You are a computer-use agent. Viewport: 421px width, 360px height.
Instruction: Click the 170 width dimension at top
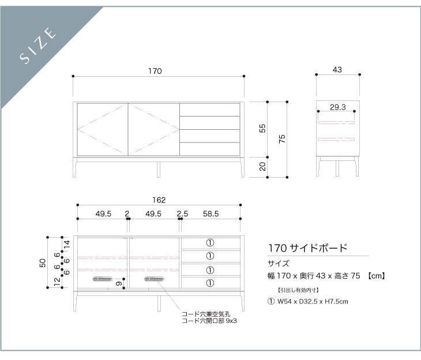pyautogui.click(x=155, y=71)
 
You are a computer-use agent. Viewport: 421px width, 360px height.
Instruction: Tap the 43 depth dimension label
pyautogui.click(x=337, y=70)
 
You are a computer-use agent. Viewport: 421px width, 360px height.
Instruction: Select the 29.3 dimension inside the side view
pyautogui.click(x=338, y=107)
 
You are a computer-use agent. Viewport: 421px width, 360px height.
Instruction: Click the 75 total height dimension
pyautogui.click(x=282, y=139)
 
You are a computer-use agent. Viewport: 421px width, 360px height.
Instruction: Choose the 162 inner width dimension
pyautogui.click(x=159, y=200)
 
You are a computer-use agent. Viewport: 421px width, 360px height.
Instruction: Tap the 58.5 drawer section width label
pyautogui.click(x=210, y=214)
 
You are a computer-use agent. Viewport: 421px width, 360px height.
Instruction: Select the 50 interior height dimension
pyautogui.click(x=43, y=262)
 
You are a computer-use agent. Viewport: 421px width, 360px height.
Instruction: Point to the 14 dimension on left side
pyautogui.click(x=66, y=243)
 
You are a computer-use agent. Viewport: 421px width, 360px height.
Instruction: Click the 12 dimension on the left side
pyautogui.click(x=57, y=281)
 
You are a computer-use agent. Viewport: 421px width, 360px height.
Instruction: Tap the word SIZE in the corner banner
pyautogui.click(x=39, y=44)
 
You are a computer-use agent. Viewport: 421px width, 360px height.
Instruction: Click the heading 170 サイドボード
pyautogui.click(x=308, y=248)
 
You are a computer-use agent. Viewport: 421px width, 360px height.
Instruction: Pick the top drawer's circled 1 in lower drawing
pyautogui.click(x=210, y=243)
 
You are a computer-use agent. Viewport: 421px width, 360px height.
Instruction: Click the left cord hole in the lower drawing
pyautogui.click(x=103, y=279)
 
